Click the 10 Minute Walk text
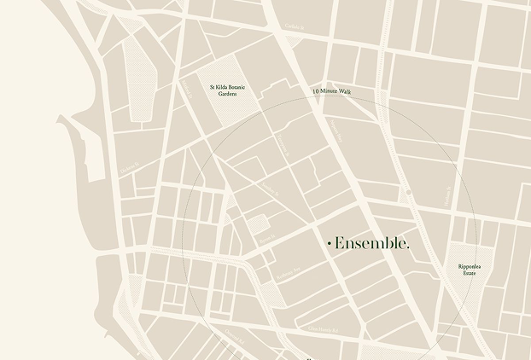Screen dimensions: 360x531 (x=331, y=90)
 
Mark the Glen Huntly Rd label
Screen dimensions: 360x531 (x=324, y=330)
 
